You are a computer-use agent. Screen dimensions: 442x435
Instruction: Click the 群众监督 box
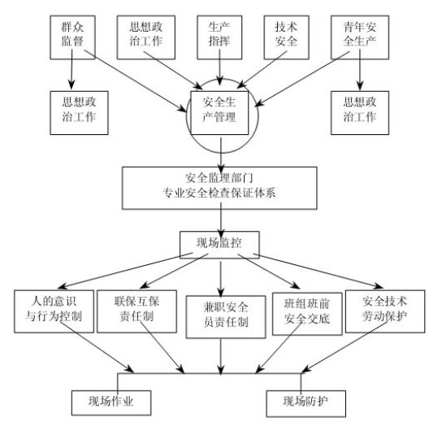click(72, 37)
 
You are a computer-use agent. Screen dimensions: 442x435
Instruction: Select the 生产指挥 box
click(219, 37)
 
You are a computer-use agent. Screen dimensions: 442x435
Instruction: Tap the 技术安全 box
click(286, 37)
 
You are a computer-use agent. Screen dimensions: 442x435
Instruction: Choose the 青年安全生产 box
click(360, 37)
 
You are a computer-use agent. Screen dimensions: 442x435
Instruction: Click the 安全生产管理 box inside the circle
click(219, 112)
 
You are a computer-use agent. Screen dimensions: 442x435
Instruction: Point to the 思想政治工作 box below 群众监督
click(79, 112)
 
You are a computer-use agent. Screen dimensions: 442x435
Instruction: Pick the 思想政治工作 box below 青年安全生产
click(360, 112)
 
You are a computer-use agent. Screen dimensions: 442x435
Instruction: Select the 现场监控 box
click(219, 245)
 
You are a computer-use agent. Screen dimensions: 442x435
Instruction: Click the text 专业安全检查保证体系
click(219, 194)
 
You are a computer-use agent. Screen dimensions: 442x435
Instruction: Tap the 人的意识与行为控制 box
click(54, 311)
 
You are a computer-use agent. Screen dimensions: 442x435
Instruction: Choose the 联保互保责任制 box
click(136, 311)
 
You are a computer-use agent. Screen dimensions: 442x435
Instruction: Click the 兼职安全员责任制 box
click(226, 317)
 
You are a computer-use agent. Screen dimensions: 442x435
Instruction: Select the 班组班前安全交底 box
click(307, 314)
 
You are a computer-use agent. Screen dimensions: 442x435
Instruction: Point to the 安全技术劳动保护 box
click(385, 311)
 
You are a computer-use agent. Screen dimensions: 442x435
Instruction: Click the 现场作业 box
click(111, 402)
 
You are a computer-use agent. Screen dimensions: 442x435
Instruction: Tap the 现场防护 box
click(305, 403)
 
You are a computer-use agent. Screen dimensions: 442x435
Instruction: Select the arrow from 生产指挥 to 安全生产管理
click(219, 67)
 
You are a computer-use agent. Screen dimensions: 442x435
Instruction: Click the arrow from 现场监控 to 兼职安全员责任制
click(221, 279)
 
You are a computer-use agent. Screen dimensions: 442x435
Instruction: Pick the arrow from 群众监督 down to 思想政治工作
click(71, 69)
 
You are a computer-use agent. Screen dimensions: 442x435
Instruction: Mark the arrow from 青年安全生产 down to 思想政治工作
click(360, 70)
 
